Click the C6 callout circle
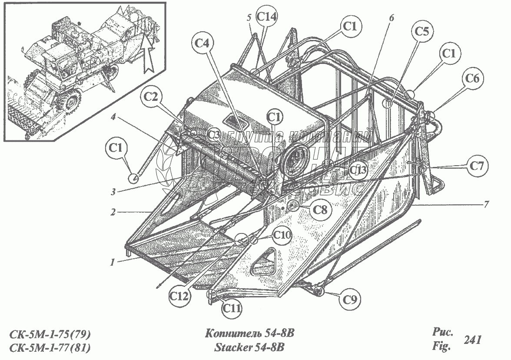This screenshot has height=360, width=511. point(472,79)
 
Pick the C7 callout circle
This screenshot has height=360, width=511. point(477,165)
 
